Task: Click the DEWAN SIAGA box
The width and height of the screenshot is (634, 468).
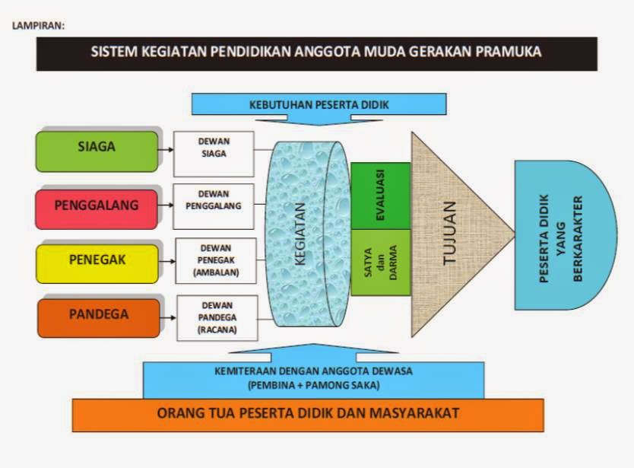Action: (x=214, y=148)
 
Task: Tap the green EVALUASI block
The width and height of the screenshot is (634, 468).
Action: (x=381, y=196)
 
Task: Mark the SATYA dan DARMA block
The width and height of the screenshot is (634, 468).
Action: (x=381, y=263)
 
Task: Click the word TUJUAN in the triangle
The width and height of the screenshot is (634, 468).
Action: (x=449, y=234)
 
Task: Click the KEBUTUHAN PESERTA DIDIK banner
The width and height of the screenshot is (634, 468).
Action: (x=319, y=103)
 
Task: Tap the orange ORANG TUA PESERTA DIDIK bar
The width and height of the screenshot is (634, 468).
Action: (x=307, y=414)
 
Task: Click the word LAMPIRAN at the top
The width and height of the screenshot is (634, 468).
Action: (x=38, y=25)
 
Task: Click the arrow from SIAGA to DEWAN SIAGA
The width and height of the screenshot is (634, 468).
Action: (x=165, y=149)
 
